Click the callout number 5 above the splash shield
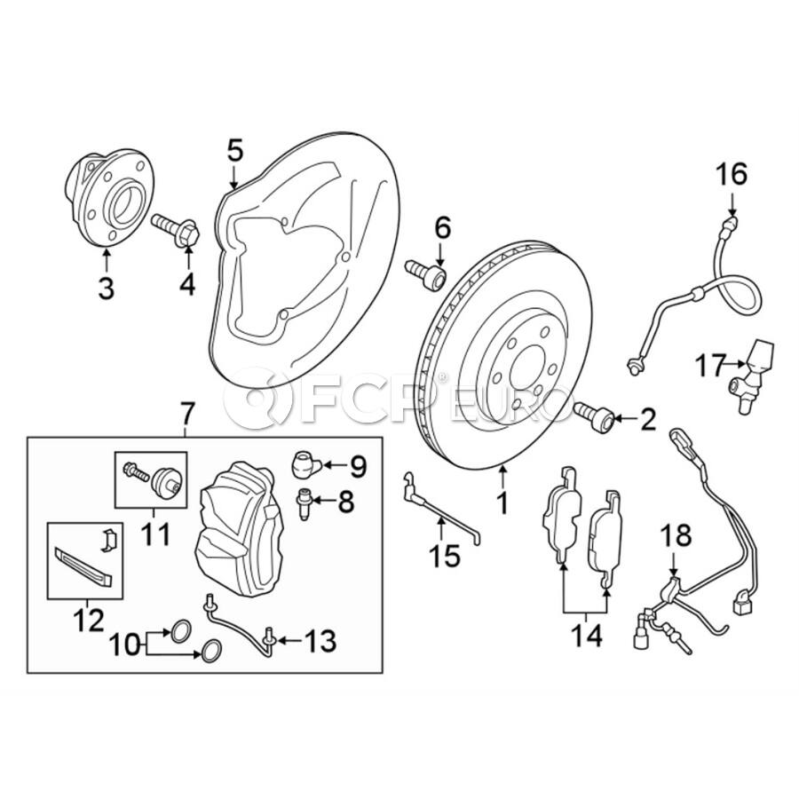(235, 150)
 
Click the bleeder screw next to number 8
(305, 503)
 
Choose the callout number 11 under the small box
(154, 535)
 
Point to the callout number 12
(88, 621)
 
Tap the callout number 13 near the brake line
(320, 640)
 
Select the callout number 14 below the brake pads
(586, 636)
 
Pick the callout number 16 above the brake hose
(732, 175)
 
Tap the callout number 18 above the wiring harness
(676, 536)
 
